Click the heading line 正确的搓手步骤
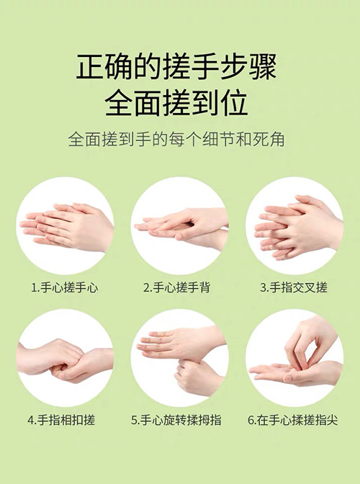(176, 67)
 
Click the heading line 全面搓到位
(176, 103)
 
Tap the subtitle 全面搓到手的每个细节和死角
(176, 140)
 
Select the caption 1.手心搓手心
(65, 287)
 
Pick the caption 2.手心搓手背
(177, 287)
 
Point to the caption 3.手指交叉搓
(293, 287)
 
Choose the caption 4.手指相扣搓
(61, 420)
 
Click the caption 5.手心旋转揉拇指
(176, 420)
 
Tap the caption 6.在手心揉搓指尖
(293, 420)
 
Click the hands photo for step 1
(65, 226)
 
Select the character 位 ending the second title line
(234, 103)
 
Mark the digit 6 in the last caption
(251, 420)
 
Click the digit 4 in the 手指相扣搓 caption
(30, 420)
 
